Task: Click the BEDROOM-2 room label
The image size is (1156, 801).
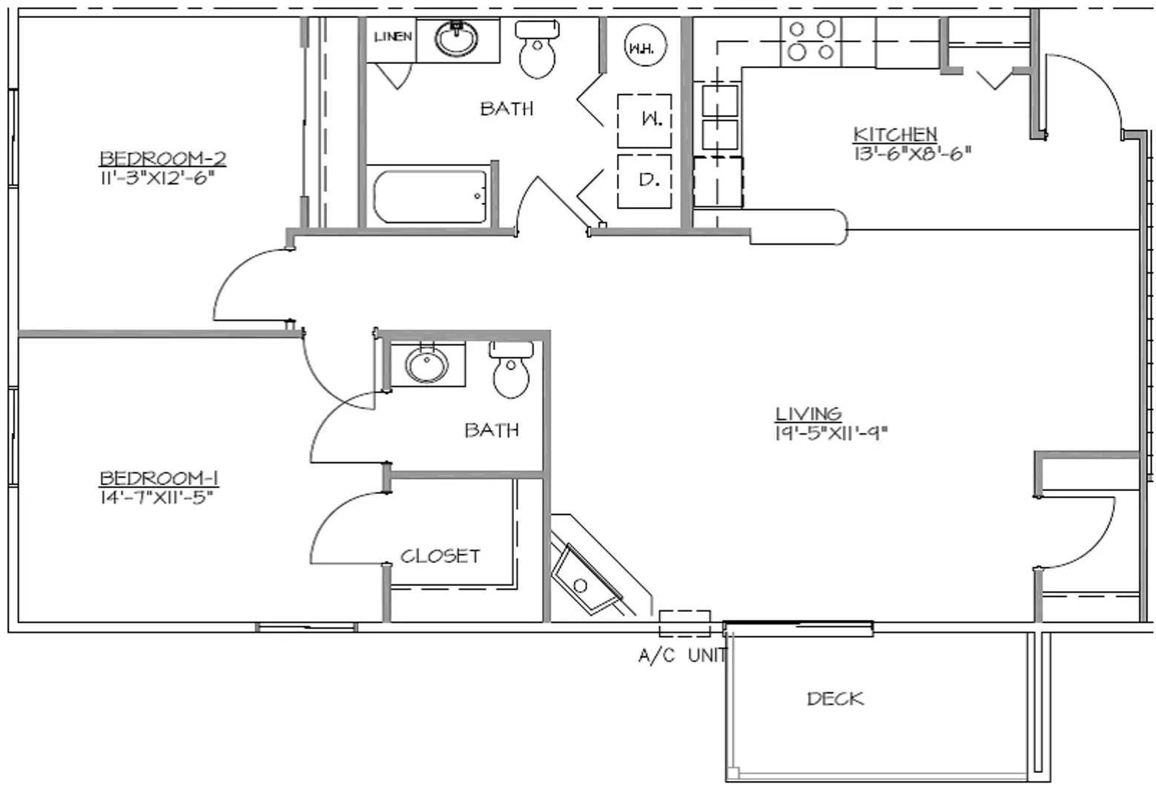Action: coord(162,159)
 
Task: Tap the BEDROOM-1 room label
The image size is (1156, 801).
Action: coord(159,478)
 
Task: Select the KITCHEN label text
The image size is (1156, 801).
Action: coord(895,134)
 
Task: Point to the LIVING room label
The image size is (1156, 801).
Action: coord(809,414)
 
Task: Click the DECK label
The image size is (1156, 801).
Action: coord(835,699)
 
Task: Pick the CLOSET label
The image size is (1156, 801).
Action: coord(440,556)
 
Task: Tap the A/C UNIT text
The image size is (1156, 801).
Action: coord(682,656)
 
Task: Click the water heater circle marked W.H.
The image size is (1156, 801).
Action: coord(645,45)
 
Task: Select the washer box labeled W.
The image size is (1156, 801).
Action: coord(644,122)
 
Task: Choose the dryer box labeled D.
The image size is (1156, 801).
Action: coord(644,182)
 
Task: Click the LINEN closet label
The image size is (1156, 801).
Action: coord(393,36)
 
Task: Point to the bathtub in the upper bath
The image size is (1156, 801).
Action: coord(430,197)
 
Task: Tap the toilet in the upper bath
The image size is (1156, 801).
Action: coord(538,49)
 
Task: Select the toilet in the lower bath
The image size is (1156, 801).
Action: coord(511,369)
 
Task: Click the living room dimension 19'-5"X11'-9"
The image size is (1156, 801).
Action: coord(831,432)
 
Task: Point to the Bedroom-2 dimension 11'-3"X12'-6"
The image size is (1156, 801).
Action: coord(157,178)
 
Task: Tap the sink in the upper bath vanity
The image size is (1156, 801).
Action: coord(456,38)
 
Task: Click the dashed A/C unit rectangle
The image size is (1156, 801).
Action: coord(685,624)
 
